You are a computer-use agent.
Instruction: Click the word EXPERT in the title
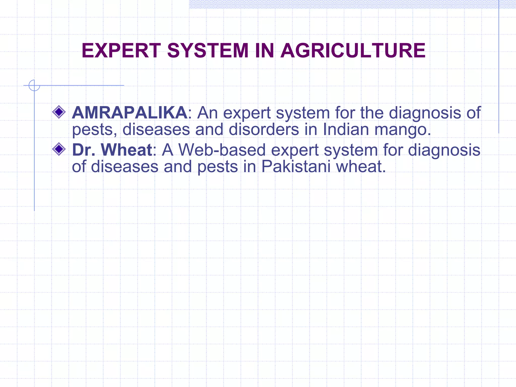[x=121, y=50]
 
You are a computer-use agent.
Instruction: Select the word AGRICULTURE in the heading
[x=353, y=50]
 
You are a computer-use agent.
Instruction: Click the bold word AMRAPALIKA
[x=130, y=113]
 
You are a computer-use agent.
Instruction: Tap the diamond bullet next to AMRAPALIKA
[x=59, y=112]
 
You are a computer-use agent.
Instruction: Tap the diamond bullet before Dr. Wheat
[x=59, y=149]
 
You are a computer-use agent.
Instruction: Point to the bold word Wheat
[x=126, y=150]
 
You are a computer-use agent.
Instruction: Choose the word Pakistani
[x=296, y=167]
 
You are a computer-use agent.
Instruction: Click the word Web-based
[x=222, y=150]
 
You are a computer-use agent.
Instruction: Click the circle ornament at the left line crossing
[x=34, y=85]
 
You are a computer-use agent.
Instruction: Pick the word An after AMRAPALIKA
[x=207, y=113]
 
